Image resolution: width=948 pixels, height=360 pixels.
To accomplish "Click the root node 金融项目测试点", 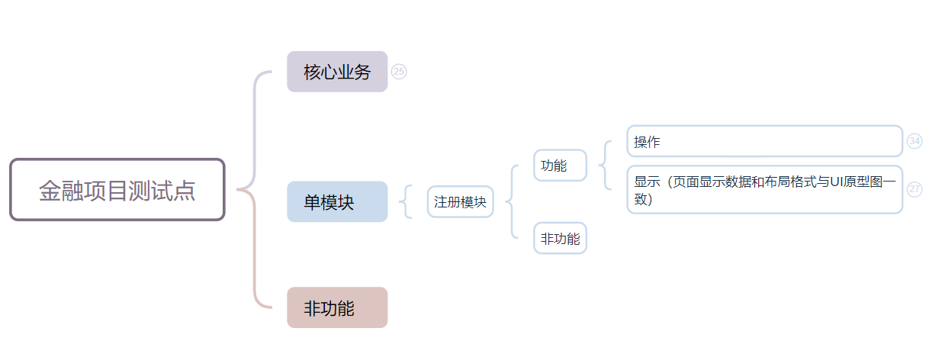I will coord(117,190).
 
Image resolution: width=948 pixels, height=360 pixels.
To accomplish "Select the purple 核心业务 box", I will coord(337,72).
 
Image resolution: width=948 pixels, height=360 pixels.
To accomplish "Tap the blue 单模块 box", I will coord(337,202).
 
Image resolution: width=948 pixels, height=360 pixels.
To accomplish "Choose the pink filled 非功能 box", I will coord(337,308).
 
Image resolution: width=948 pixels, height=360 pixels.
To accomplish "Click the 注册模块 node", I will coord(461,202).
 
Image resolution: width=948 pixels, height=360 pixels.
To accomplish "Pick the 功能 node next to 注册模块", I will coord(560,166).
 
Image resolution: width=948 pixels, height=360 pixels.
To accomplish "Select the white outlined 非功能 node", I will coord(560,239).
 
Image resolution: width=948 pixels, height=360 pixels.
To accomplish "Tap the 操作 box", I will coord(764,142).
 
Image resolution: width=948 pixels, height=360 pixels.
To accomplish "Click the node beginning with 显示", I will coord(764,190).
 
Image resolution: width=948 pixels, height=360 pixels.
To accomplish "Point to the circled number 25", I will coord(399,72).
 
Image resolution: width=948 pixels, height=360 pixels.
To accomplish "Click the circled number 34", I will coord(914,141).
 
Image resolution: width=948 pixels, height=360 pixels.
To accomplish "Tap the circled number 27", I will coord(914,189).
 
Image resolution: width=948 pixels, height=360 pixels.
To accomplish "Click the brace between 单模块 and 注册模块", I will coord(406,202).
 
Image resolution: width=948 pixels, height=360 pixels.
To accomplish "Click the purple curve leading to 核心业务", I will coord(255,114).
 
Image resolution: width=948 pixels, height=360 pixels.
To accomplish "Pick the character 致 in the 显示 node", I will coord(641,199).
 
